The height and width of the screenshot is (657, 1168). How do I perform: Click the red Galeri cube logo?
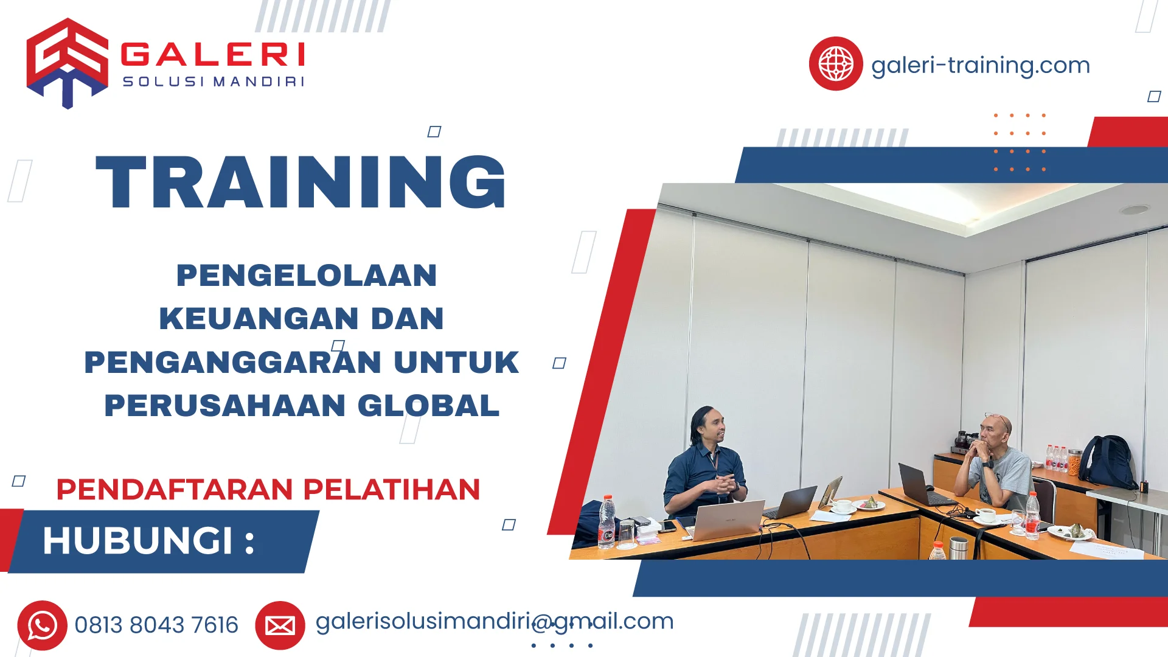[x=67, y=62]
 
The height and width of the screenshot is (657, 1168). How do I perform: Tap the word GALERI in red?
[x=213, y=55]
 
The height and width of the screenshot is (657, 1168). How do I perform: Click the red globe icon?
[x=835, y=64]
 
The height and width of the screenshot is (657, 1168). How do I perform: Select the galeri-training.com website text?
[x=980, y=65]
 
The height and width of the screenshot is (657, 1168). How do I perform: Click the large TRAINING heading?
[x=301, y=182]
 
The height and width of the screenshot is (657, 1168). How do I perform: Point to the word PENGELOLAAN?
[x=307, y=275]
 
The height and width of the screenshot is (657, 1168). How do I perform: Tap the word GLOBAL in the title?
[x=428, y=406]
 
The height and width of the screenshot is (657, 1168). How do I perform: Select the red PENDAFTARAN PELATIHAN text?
[x=268, y=490]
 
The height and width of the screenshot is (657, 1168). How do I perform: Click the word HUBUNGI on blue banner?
[x=138, y=541]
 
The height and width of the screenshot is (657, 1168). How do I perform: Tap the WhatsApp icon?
[x=42, y=625]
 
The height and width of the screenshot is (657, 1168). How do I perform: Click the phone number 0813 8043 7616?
[x=156, y=625]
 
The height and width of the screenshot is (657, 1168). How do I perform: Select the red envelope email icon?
[x=280, y=625]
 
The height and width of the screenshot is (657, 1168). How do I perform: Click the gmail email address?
[x=495, y=621]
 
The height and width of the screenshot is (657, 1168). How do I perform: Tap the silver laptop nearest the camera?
[x=728, y=520]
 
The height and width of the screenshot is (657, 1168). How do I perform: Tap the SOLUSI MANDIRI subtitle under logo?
[x=213, y=82]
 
